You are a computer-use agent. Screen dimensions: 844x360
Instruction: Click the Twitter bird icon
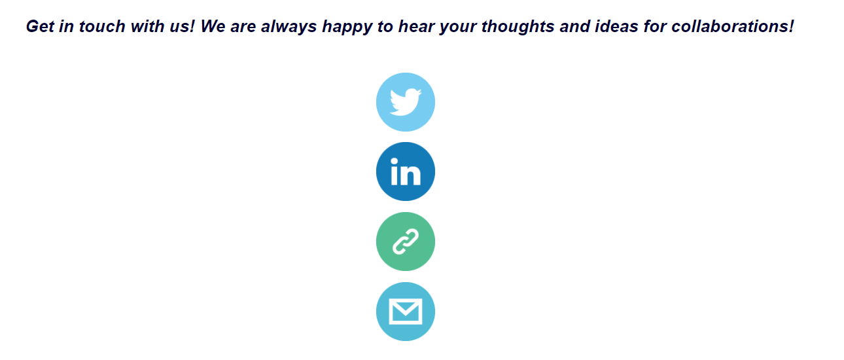pos(406,102)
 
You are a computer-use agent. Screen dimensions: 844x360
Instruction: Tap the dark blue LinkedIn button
pos(406,171)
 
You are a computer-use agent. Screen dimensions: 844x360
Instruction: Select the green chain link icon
pos(406,242)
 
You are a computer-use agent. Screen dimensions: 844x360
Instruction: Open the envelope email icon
pos(406,312)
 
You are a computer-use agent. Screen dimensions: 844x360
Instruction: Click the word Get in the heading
pos(40,26)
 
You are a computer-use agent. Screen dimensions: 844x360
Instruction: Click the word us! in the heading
pos(182,26)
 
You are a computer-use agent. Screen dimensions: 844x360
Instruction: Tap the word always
pos(289,27)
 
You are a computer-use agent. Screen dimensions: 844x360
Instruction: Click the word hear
pos(416,26)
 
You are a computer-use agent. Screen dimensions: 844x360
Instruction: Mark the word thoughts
pos(518,27)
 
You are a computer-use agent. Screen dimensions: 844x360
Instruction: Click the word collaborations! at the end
pos(733,26)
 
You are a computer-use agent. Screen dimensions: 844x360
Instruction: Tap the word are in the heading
pos(243,27)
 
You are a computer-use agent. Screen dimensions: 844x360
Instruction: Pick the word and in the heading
pos(574,26)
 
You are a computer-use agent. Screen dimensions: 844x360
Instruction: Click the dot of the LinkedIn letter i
pos(395,162)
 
